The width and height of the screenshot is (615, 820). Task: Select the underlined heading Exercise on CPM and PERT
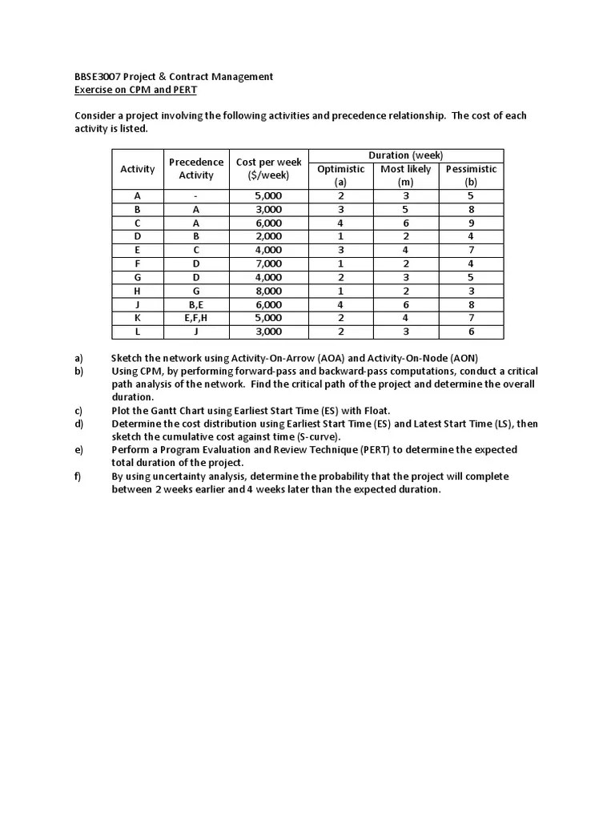[135, 90]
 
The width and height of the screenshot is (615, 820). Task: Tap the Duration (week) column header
[405, 155]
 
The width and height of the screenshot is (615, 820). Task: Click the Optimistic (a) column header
[340, 175]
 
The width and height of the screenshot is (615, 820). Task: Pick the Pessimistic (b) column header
[471, 175]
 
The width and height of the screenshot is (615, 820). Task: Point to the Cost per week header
[268, 169]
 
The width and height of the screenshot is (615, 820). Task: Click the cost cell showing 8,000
[268, 291]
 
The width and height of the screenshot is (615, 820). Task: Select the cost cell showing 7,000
[268, 263]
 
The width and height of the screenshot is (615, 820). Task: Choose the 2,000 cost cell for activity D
[268, 236]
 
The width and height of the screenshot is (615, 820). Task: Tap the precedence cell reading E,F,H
[196, 318]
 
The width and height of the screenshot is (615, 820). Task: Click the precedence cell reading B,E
[196, 304]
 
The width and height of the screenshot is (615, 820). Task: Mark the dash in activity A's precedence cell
[196, 195]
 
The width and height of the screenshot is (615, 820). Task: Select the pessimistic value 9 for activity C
[471, 223]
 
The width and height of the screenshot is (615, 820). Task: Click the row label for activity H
[138, 291]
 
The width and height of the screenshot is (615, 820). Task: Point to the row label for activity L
[138, 332]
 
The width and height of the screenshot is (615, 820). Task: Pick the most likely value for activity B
[405, 209]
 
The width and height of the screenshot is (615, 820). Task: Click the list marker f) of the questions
[78, 476]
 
